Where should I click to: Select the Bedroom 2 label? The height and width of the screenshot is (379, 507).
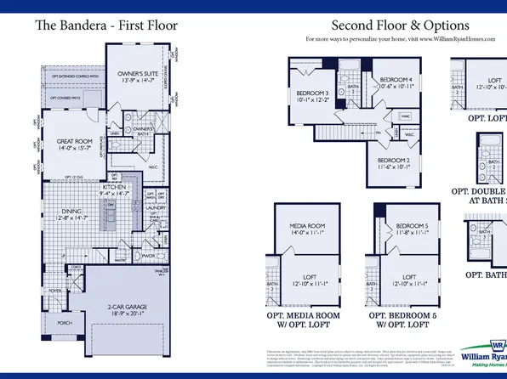coord(396,163)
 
